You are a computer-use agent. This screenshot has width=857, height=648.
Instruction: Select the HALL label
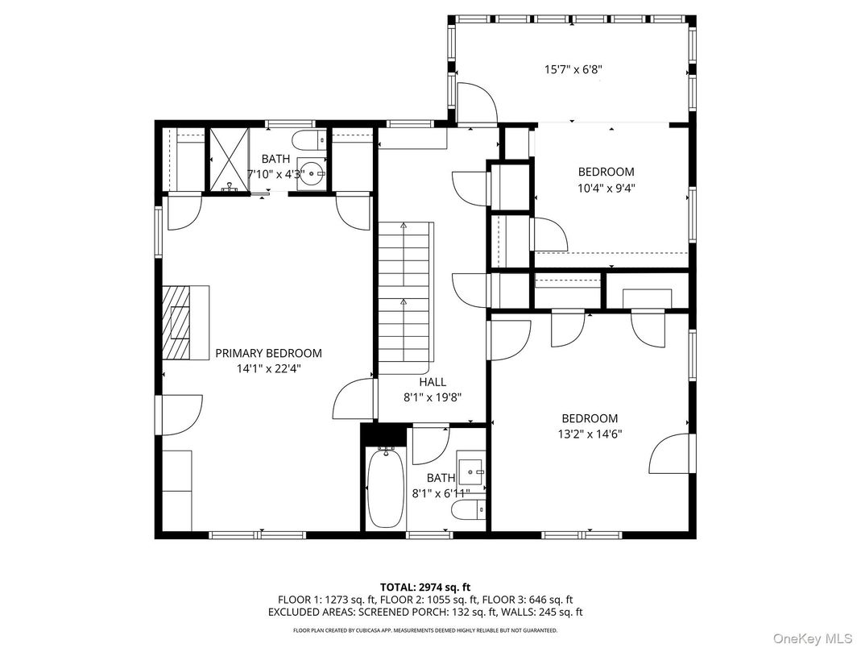(433, 382)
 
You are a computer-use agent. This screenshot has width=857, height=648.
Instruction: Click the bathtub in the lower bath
(385, 488)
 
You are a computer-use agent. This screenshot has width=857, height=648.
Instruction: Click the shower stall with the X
(228, 159)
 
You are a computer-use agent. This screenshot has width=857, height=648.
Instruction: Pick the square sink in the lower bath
(470, 470)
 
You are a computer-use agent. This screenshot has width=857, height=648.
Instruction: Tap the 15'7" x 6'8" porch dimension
(573, 70)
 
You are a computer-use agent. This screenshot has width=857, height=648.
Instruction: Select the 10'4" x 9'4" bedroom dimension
(607, 187)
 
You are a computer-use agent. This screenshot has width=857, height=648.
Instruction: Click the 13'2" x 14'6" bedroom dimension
(591, 434)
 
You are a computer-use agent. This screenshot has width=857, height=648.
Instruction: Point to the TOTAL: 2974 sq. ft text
(425, 587)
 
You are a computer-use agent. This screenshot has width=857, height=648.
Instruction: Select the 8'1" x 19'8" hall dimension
(433, 397)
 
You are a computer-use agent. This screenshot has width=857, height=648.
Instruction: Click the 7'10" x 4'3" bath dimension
(275, 174)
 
